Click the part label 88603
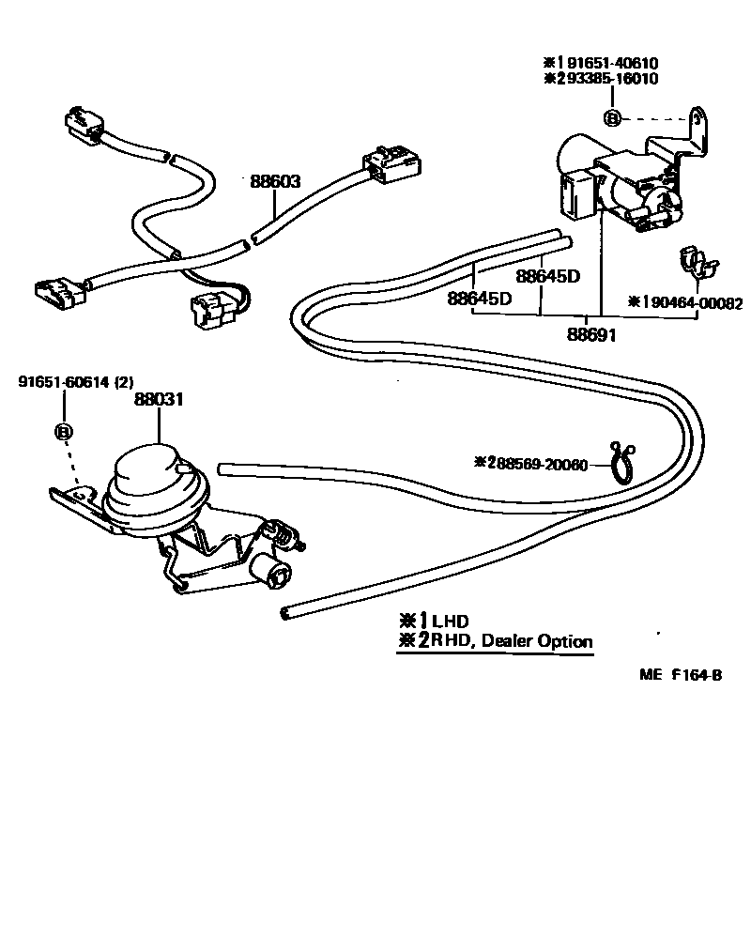[x=275, y=181]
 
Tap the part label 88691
[x=591, y=334]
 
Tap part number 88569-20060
[x=544, y=463]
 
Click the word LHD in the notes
[x=450, y=621]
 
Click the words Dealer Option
[x=537, y=641]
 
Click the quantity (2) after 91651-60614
[x=127, y=381]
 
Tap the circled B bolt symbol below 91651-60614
[x=64, y=432]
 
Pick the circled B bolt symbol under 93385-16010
[x=611, y=117]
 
